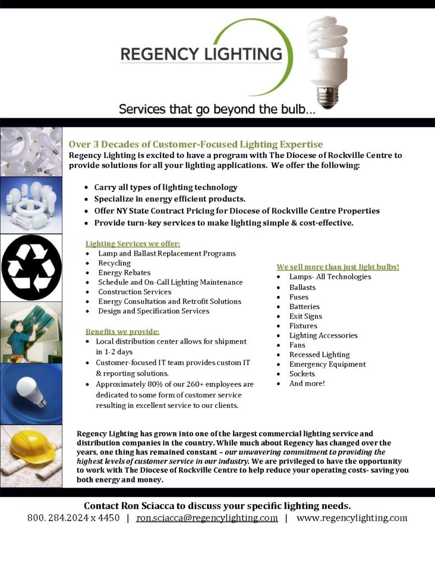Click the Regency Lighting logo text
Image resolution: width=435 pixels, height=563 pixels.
pyautogui.click(x=201, y=54)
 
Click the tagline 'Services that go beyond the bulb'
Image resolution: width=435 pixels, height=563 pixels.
pyautogui.click(x=217, y=109)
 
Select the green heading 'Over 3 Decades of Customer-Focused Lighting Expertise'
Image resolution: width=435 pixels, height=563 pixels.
pyautogui.click(x=196, y=145)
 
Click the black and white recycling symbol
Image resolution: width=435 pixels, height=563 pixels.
pyautogui.click(x=31, y=268)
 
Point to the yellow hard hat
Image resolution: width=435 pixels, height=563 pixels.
pyautogui.click(x=32, y=448)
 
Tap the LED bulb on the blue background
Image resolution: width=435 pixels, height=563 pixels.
pyautogui.click(x=31, y=391)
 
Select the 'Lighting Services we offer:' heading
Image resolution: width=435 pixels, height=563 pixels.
pyautogui.click(x=133, y=244)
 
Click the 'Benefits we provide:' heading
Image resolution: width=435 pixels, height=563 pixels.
pyautogui.click(x=122, y=332)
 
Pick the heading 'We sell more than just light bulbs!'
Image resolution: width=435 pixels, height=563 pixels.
pyautogui.click(x=338, y=267)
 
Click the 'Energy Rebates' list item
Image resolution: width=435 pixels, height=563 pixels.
pyautogui.click(x=124, y=273)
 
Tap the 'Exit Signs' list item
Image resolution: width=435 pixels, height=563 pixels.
pyautogui.click(x=306, y=316)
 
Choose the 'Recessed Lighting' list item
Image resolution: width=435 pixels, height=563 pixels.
pyautogui.click(x=320, y=355)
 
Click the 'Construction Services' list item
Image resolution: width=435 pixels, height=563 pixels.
pyautogui.click(x=135, y=292)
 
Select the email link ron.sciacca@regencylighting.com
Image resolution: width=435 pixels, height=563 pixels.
pyautogui.click(x=207, y=518)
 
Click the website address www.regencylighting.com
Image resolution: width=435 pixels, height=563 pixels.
pyautogui.click(x=351, y=518)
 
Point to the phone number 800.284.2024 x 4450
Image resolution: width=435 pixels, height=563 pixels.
pyautogui.click(x=73, y=518)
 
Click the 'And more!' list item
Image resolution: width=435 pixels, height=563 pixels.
pyautogui.click(x=307, y=383)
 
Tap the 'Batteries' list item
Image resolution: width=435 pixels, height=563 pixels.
pyautogui.click(x=304, y=307)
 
